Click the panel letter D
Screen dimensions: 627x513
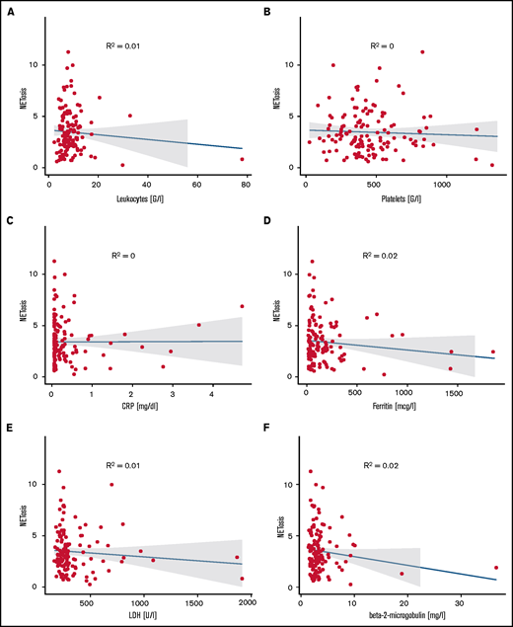(x=267, y=218)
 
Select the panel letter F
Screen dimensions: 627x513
(x=267, y=428)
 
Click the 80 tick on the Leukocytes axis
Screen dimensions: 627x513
(x=242, y=183)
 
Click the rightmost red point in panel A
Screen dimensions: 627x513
(x=242, y=159)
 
